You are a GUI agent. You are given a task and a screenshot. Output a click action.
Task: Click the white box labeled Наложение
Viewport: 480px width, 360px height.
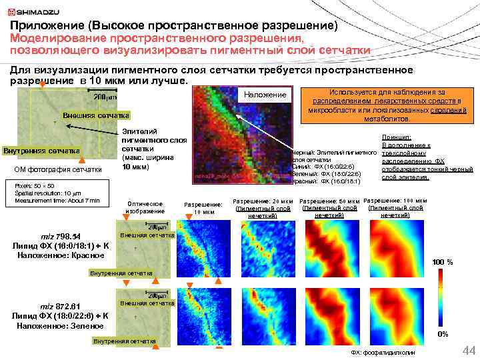point(266,95)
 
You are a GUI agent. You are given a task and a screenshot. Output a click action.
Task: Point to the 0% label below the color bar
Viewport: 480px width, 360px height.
point(441,333)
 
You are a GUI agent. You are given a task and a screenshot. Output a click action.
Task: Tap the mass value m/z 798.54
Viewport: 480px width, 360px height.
point(59,237)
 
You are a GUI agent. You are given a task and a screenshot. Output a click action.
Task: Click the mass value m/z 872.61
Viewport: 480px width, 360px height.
point(59,306)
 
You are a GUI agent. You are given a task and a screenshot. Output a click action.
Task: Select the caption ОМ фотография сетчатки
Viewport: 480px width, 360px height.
point(59,169)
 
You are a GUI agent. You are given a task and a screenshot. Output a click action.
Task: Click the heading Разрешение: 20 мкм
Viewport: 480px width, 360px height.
point(263,201)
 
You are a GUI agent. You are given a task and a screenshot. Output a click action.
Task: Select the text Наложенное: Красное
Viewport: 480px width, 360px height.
point(59,255)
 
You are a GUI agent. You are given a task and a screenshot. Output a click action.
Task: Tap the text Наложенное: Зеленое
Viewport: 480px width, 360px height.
point(59,325)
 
